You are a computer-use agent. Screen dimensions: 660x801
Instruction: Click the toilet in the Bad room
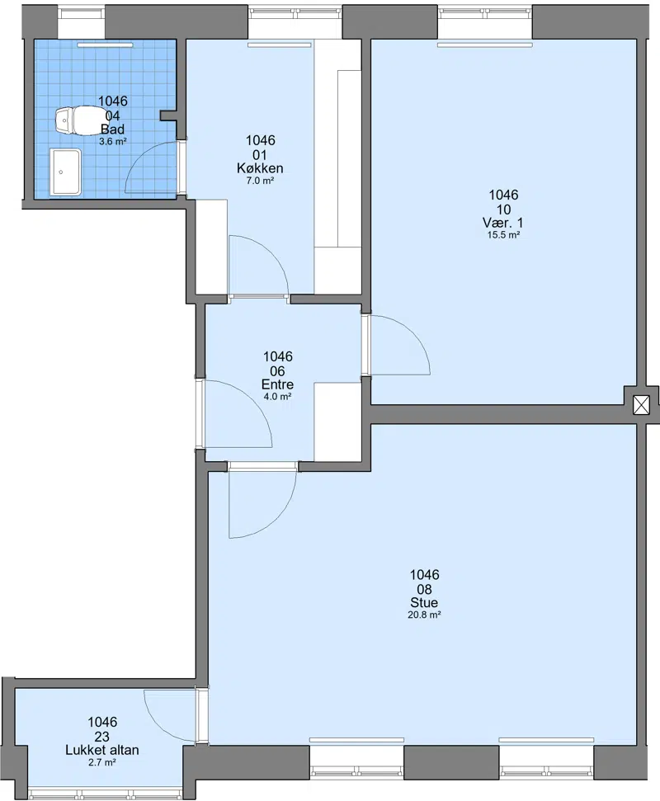[78, 120]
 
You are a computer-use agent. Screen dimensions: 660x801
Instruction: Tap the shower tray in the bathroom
[65, 172]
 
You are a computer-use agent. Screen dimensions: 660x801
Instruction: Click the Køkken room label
[260, 168]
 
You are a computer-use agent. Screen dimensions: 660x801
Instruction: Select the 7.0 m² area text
[260, 181]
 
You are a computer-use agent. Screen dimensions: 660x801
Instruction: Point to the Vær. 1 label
[503, 223]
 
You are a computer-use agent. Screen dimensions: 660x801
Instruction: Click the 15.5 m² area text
[503, 235]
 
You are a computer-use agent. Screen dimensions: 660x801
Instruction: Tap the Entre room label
[277, 384]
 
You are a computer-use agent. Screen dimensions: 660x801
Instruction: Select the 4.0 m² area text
[277, 397]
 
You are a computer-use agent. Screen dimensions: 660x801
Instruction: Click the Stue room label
[424, 603]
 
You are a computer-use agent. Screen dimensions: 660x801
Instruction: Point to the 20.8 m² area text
[424, 615]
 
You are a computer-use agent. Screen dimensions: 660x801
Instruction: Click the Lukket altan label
[102, 750]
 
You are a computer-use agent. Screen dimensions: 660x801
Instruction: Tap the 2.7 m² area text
[102, 762]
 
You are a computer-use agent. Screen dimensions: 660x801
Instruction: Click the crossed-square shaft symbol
[641, 405]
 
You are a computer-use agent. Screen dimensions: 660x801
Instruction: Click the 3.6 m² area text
[112, 142]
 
